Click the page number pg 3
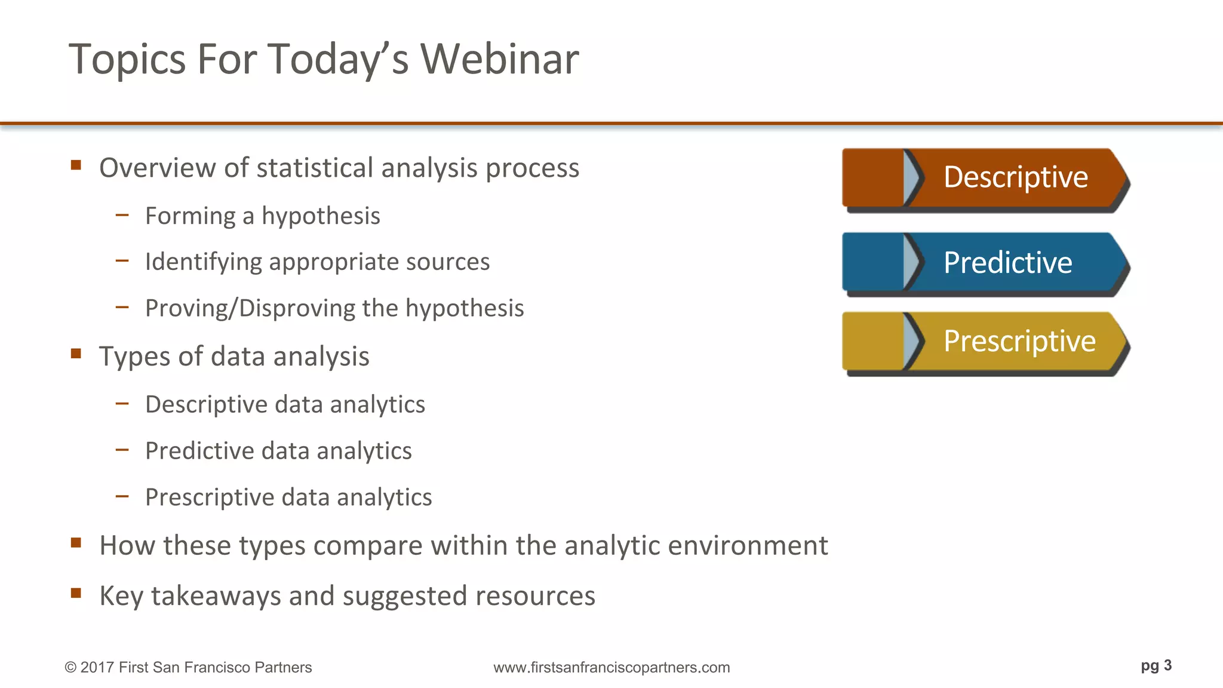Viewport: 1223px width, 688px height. pos(1156,665)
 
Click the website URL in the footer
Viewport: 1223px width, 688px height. pos(611,667)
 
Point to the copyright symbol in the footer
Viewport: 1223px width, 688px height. pos(70,668)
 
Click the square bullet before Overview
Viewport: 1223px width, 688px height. pos(76,165)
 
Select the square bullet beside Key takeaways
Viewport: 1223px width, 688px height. pos(76,593)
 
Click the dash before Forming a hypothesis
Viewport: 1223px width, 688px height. pos(122,214)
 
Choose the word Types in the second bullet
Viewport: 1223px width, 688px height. pos(134,357)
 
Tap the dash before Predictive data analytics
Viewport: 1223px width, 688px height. pos(122,449)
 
